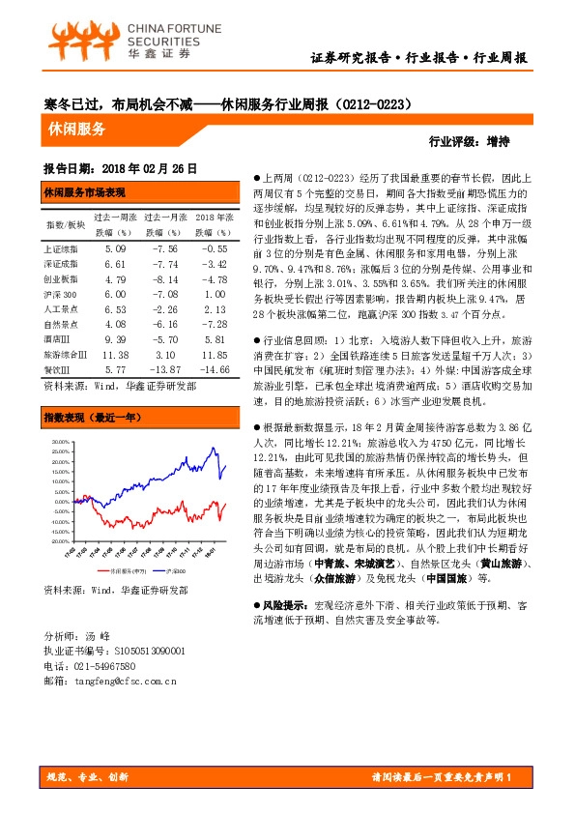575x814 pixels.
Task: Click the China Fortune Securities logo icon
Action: tap(73, 41)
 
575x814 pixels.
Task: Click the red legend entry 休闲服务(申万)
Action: tap(129, 573)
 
